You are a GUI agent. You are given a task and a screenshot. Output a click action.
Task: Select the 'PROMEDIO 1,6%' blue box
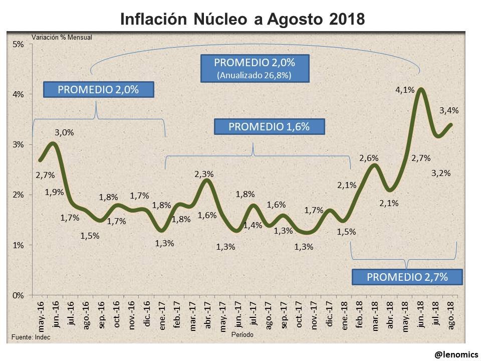tap(269, 127)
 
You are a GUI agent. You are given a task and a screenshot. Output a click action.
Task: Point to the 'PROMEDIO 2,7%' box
tap(407, 277)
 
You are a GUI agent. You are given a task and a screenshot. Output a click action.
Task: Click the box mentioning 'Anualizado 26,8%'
tap(255, 69)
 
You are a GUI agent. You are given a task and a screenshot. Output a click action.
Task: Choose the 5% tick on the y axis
tap(18, 44)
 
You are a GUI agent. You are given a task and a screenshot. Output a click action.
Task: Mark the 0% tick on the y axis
tap(18, 295)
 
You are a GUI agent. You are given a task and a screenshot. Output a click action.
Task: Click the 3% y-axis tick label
tap(18, 145)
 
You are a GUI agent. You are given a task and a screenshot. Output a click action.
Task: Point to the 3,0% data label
tap(64, 133)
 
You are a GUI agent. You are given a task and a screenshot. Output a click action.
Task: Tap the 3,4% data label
tap(449, 111)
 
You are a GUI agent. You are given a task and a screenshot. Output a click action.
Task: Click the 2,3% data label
tap(204, 174)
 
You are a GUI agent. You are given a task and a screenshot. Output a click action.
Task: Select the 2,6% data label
tap(369, 158)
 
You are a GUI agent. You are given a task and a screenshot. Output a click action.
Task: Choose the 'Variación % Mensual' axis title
tap(62, 37)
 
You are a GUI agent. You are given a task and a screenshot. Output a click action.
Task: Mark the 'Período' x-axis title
tap(243, 333)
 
